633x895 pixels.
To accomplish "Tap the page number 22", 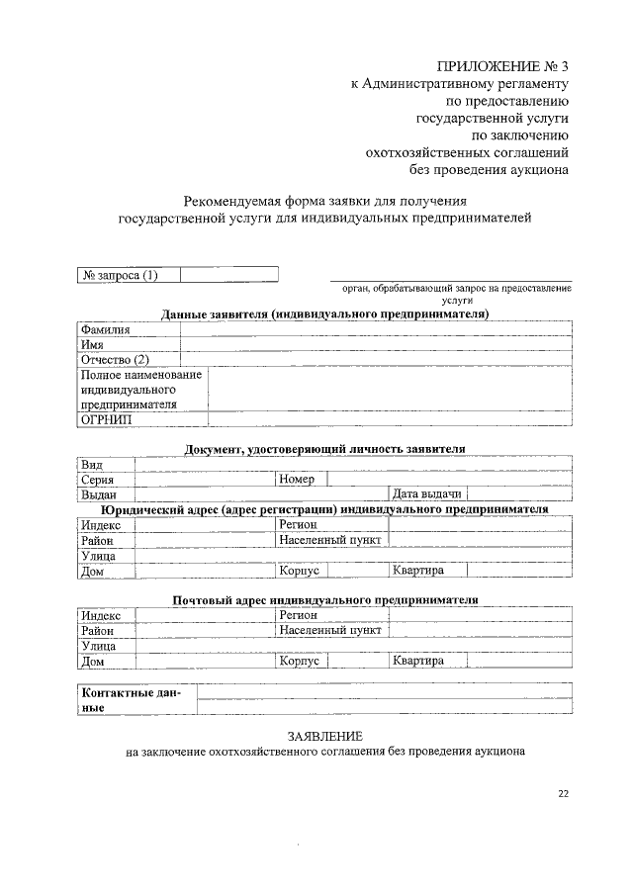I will point(563,793).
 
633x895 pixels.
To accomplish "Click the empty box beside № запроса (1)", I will point(228,275).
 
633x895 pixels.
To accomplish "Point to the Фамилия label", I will point(105,329).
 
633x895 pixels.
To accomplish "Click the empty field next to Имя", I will point(376,344).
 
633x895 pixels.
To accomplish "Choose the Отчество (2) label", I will point(116,359).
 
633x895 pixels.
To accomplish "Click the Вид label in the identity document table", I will point(92,464).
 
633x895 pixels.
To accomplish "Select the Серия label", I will point(98,479).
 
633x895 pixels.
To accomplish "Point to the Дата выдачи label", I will point(426,493).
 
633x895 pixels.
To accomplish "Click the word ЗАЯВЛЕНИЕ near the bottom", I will point(325,737).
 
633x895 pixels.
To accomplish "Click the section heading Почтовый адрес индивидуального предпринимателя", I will point(325,599).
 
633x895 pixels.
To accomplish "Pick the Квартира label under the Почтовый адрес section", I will point(417,661).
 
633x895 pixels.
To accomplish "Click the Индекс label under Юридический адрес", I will point(101,524).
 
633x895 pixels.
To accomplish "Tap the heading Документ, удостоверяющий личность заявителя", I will point(325,449).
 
